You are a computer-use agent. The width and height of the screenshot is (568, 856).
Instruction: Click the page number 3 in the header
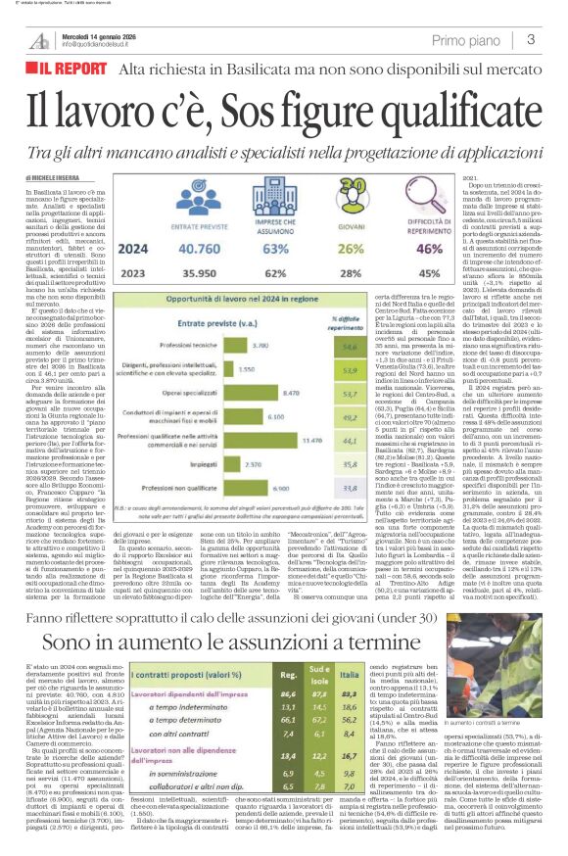[529, 40]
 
